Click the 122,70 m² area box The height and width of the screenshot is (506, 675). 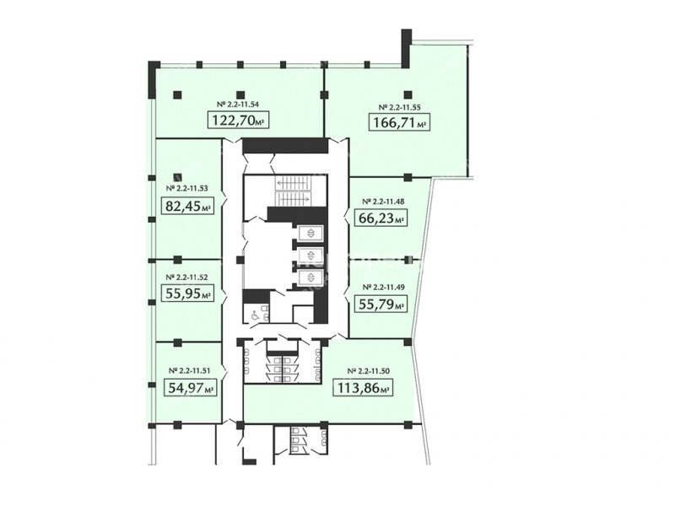pyautogui.click(x=239, y=120)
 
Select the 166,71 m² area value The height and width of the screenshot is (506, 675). pyautogui.click(x=400, y=121)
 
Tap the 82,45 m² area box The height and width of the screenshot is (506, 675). pyautogui.click(x=188, y=206)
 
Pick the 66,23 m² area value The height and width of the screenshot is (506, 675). pyautogui.click(x=381, y=218)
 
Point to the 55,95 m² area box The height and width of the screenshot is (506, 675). pyautogui.click(x=188, y=293)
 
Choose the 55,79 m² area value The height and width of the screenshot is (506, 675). pyautogui.click(x=381, y=304)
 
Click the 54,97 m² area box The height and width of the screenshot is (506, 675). pyautogui.click(x=190, y=387)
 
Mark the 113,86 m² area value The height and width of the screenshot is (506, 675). pyautogui.click(x=363, y=387)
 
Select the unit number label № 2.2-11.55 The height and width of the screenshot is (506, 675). pyautogui.click(x=399, y=107)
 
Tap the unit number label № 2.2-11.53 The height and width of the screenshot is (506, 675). pyautogui.click(x=186, y=188)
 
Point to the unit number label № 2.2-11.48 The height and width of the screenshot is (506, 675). pyautogui.click(x=383, y=201)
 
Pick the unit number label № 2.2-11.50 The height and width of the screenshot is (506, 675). pyautogui.click(x=369, y=370)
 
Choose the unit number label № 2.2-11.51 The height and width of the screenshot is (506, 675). pyautogui.click(x=189, y=370)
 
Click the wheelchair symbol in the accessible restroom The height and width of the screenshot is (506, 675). pyautogui.click(x=255, y=315)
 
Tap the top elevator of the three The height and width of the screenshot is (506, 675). pyautogui.click(x=310, y=234)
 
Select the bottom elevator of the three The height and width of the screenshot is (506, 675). pyautogui.click(x=310, y=277)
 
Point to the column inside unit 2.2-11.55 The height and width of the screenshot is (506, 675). pyautogui.click(x=408, y=94)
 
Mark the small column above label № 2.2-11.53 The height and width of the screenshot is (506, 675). pyautogui.click(x=178, y=176)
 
